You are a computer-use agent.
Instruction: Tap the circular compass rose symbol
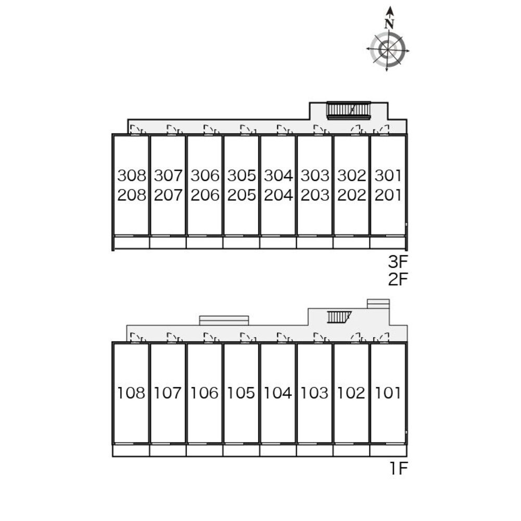click(388, 49)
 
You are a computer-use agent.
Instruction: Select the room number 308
click(132, 175)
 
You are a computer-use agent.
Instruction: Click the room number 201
click(388, 195)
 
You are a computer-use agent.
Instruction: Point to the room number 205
click(242, 195)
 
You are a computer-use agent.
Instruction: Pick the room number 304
click(278, 175)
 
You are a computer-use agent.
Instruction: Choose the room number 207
click(168, 195)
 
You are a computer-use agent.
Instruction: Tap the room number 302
click(352, 175)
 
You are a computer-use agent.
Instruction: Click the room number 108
click(132, 393)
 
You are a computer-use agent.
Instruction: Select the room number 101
click(388, 393)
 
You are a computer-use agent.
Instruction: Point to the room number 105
click(242, 393)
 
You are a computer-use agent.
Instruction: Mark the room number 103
click(315, 393)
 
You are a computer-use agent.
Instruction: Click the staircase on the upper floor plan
click(348, 110)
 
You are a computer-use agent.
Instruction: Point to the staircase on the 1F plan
click(339, 316)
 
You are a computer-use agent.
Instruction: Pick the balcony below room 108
click(131, 451)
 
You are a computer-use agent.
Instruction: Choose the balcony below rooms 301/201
click(388, 242)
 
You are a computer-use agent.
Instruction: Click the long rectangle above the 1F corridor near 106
click(224, 320)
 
